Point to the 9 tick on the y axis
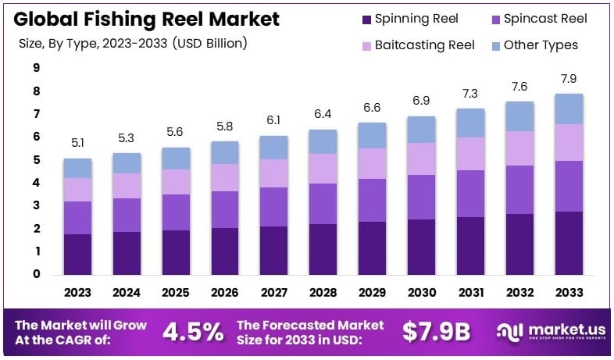(x=36, y=68)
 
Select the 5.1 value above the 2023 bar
(x=77, y=144)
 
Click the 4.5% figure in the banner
(x=193, y=332)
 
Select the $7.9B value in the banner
(x=437, y=332)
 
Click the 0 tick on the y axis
(x=36, y=274)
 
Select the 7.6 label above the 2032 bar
(x=519, y=87)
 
